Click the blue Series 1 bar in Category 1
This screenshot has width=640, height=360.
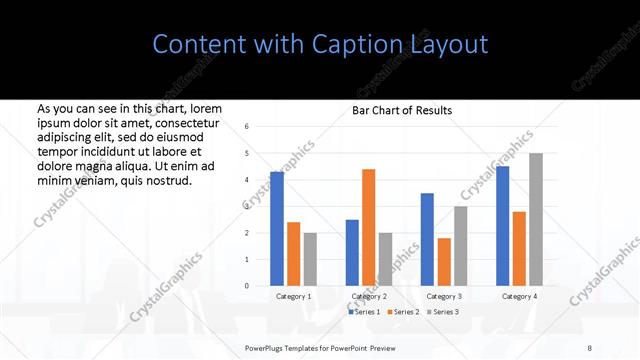[x=277, y=229]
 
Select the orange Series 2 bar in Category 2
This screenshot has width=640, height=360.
[x=368, y=228]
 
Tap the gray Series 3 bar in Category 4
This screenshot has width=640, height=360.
[x=536, y=220]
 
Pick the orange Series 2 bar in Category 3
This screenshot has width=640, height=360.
[x=444, y=262]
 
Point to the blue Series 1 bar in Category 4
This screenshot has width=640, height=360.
[x=502, y=226]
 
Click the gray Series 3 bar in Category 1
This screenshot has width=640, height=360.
[x=310, y=259]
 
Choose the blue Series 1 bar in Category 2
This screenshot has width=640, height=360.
[x=352, y=253]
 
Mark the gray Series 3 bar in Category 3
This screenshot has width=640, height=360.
[x=460, y=246]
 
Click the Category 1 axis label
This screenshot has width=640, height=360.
[x=293, y=297]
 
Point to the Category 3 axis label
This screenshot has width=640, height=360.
[x=443, y=297]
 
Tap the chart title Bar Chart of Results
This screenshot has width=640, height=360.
[x=402, y=110]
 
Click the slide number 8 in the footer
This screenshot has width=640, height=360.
[x=590, y=345]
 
